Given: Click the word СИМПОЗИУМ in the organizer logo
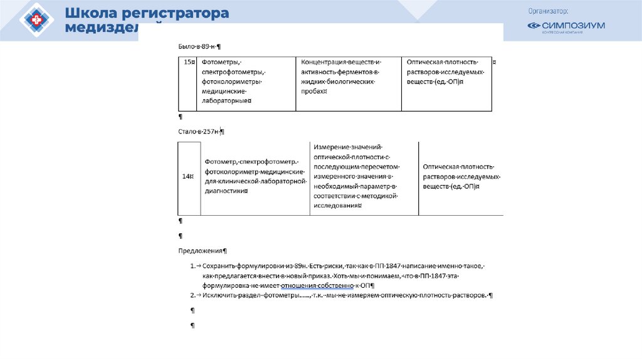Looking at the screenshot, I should click(x=573, y=26).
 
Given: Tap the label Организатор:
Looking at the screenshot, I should click(x=548, y=11).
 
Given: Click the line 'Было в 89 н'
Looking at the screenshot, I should click(x=199, y=47).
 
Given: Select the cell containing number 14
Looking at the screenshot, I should click(x=188, y=177).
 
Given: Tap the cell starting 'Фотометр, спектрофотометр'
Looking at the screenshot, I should click(x=253, y=176).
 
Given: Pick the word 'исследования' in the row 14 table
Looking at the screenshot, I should click(x=337, y=204).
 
